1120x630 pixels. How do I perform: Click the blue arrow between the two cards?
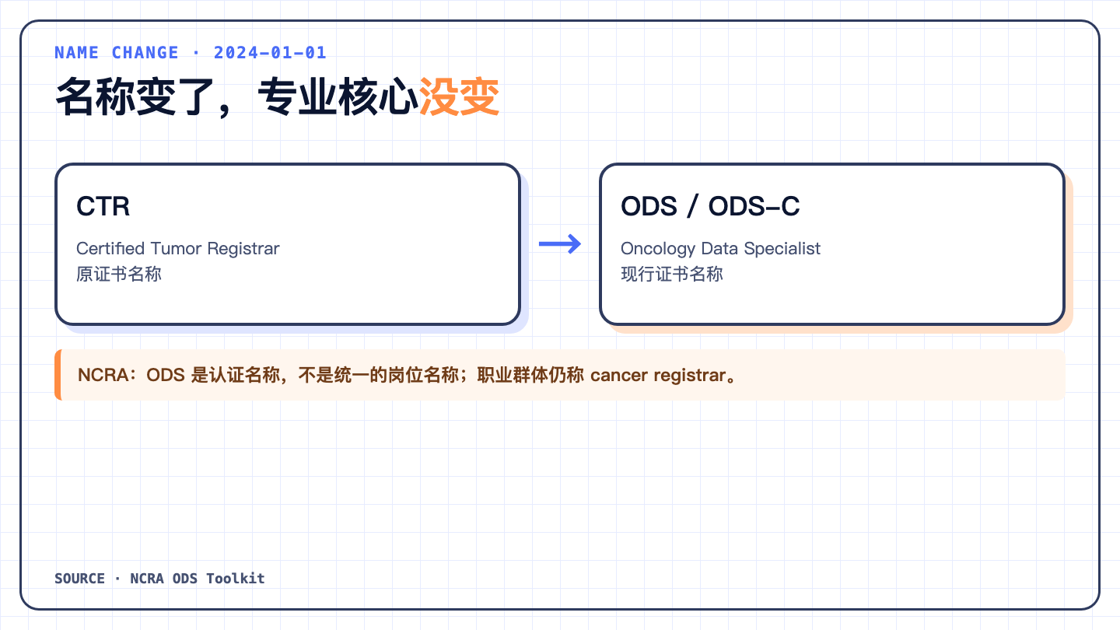(559, 244)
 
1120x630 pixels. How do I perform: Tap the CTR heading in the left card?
(103, 206)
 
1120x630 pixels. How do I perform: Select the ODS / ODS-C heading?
(710, 206)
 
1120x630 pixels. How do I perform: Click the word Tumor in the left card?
(176, 249)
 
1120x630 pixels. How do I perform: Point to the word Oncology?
(658, 249)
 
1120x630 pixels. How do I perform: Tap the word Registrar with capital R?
(243, 249)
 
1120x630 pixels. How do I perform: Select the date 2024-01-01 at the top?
(270, 53)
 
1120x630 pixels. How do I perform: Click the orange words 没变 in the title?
(459, 96)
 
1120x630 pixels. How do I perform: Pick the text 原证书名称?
(119, 274)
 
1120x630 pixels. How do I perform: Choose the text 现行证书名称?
(672, 274)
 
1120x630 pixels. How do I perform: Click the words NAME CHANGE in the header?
(117, 53)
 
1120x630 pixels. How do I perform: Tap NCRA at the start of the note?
(103, 375)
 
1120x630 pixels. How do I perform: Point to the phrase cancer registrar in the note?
(658, 375)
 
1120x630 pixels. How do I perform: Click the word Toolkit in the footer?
(236, 579)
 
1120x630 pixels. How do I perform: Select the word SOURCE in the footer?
(80, 579)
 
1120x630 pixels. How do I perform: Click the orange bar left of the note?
(58, 375)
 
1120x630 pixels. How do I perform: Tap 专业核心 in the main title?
(338, 96)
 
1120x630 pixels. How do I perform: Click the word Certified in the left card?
(110, 249)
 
